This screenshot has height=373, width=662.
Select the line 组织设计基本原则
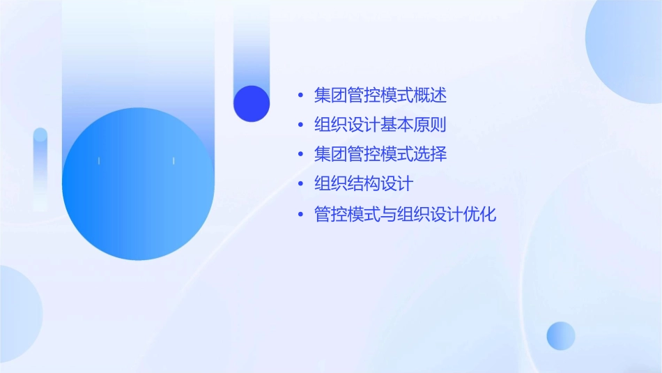(x=380, y=125)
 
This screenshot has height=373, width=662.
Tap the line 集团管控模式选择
(x=380, y=154)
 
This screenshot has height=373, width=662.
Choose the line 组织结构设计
(x=364, y=184)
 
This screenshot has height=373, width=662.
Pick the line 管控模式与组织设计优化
(x=405, y=214)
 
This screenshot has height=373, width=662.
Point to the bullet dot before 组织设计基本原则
(x=300, y=126)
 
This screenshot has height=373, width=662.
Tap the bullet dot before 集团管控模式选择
(x=300, y=155)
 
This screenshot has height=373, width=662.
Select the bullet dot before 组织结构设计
(x=300, y=185)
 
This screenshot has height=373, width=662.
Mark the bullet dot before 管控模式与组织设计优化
(x=300, y=215)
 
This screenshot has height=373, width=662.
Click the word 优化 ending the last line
(x=480, y=214)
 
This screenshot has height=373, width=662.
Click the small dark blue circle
(x=252, y=103)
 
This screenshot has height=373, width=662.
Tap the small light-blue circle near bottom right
(x=561, y=335)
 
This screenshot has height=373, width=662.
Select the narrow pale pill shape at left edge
(x=40, y=167)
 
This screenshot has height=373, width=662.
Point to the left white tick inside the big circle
(x=99, y=161)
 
